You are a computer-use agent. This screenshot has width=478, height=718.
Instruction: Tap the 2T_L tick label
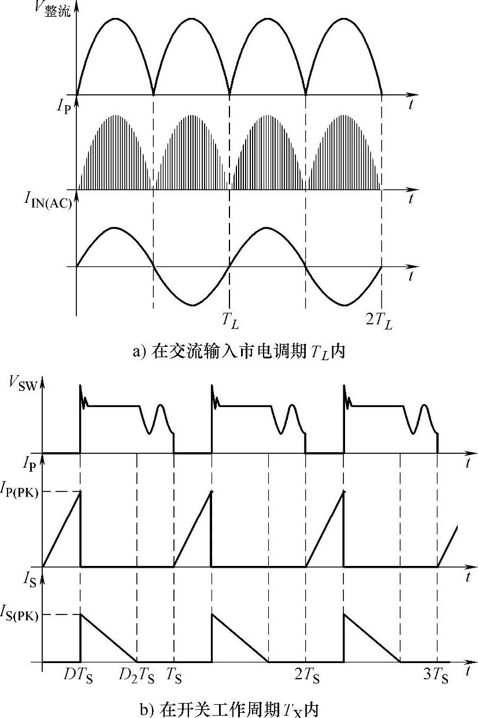[x=379, y=323]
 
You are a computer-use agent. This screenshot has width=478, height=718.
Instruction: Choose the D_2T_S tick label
[x=137, y=674]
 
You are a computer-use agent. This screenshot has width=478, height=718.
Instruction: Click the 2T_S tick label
[x=307, y=674]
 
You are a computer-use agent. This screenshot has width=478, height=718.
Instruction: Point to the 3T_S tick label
[x=436, y=674]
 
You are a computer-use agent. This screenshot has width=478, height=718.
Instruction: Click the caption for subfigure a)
[x=239, y=351]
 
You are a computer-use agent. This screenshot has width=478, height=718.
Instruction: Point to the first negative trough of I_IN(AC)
[x=194, y=304]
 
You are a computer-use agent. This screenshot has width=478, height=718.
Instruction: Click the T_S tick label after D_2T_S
[x=173, y=674]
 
